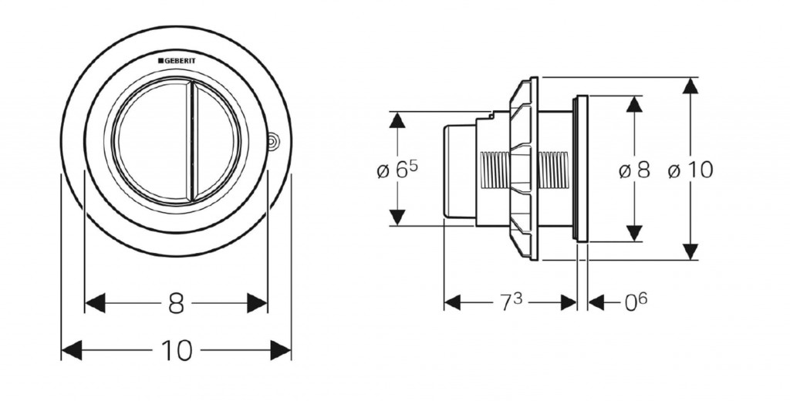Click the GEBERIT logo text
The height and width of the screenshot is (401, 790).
click(x=177, y=59)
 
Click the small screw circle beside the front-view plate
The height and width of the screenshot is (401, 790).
click(x=272, y=141)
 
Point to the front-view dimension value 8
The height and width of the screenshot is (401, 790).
click(x=177, y=303)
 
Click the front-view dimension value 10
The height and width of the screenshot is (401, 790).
click(x=177, y=351)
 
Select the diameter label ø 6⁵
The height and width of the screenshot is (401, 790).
click(x=397, y=171)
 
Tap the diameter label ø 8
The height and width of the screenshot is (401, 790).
click(x=634, y=171)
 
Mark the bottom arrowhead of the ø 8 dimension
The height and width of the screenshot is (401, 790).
click(x=633, y=233)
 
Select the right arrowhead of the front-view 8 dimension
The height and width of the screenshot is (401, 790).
click(x=258, y=303)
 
